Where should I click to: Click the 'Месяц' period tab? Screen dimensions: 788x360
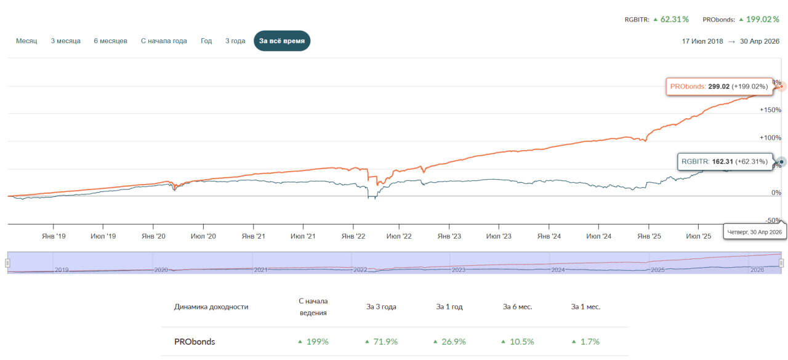[x=26, y=41]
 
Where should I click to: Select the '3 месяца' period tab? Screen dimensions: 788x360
[x=65, y=41]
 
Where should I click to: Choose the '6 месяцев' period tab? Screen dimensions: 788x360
[x=110, y=41]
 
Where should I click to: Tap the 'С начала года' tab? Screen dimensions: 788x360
[x=164, y=41]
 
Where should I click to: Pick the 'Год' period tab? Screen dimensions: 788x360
[x=206, y=41]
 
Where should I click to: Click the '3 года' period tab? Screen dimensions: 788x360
[x=235, y=41]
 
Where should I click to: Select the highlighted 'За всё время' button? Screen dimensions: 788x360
[x=282, y=41]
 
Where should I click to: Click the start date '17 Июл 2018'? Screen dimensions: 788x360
[x=702, y=41]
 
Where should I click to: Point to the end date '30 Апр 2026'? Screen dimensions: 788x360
[x=760, y=41]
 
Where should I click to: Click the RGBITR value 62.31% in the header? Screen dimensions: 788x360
[x=674, y=19]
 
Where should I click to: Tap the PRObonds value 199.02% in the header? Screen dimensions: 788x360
[x=763, y=19]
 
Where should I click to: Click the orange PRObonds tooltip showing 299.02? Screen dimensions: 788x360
[x=720, y=87]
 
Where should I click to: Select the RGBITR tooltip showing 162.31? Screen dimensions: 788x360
[x=725, y=162]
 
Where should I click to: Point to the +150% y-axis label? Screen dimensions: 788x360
[x=770, y=110]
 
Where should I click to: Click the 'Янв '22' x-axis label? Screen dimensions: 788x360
[x=353, y=236]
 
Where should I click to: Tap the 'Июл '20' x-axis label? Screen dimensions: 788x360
[x=203, y=236]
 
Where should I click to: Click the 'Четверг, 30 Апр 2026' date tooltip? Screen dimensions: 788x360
[x=755, y=232]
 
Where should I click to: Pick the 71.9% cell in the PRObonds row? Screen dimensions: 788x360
[x=385, y=342]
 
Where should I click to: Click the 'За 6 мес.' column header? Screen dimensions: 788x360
[x=517, y=306]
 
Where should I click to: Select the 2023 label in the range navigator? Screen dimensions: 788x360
[x=459, y=270]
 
